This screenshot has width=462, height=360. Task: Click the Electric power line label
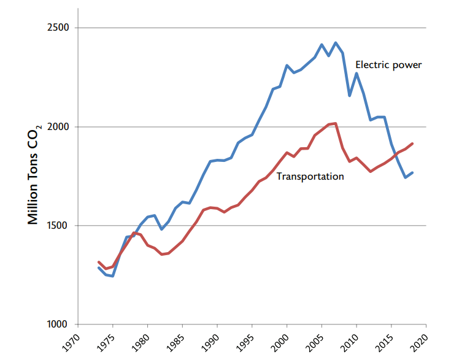388,64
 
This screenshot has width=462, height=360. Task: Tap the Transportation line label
310,177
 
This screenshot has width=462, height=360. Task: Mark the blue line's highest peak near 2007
336,43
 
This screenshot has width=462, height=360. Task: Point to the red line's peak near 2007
335,123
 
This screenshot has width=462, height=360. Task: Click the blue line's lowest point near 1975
112,276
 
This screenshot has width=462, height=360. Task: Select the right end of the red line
412,144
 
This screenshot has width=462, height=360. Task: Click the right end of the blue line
412,172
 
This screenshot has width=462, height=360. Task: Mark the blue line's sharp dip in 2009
349,96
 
